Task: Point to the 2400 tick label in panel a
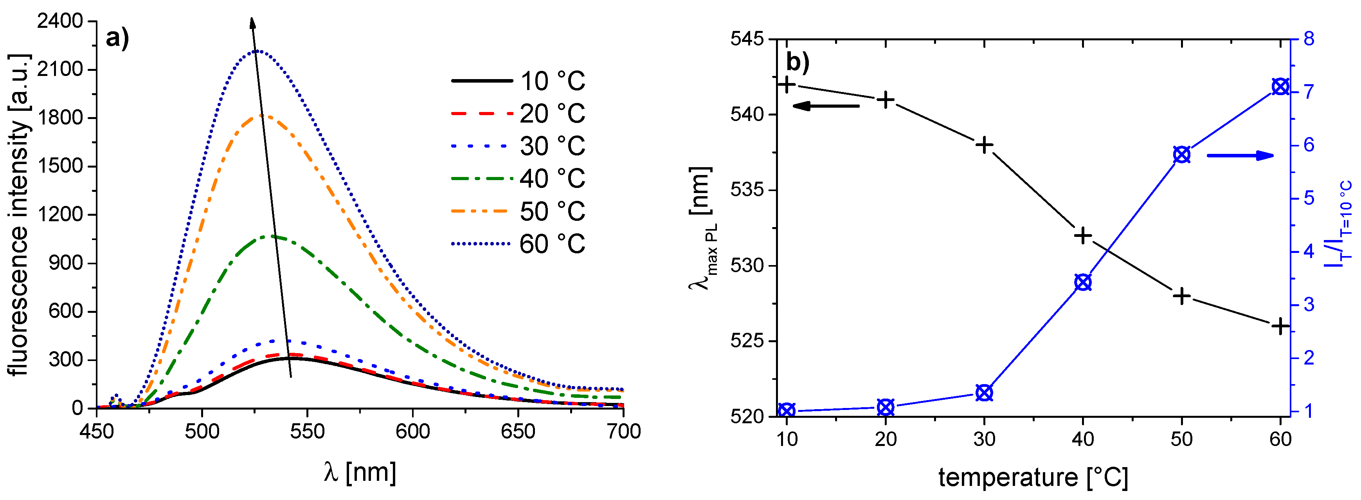(60, 21)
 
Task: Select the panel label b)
(797, 62)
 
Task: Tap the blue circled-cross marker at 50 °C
(1182, 155)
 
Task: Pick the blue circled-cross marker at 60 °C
(1280, 87)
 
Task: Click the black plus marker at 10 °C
(787, 84)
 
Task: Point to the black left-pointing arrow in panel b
(825, 106)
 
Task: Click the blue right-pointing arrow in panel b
(1240, 155)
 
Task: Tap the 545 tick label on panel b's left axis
(747, 39)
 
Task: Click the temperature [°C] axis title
(1033, 477)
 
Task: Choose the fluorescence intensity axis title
(20, 214)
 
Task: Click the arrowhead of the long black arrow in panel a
(252, 22)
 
